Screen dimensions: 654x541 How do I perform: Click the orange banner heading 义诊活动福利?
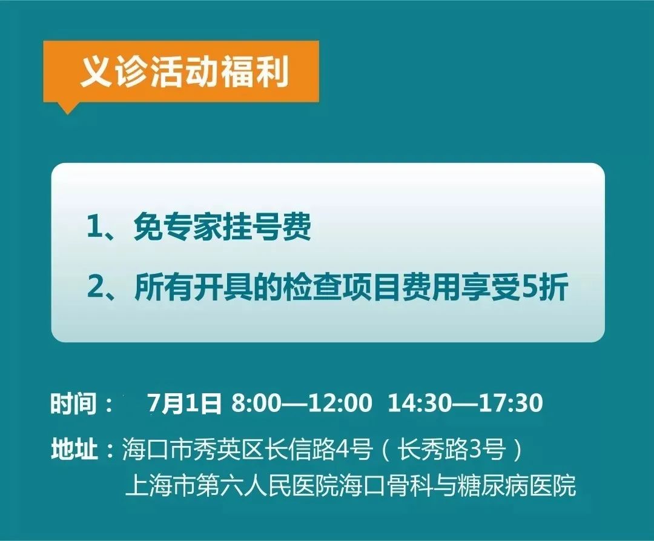(184, 71)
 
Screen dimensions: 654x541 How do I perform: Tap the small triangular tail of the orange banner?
(67, 107)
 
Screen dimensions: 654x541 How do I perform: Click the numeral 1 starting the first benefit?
(93, 228)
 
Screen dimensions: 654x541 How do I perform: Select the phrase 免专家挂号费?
(222, 228)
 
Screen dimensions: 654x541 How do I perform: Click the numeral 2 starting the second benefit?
(95, 287)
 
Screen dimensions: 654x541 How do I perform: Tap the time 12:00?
(340, 403)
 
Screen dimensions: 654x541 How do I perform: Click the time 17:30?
(511, 403)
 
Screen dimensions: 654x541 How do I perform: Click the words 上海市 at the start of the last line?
(160, 485)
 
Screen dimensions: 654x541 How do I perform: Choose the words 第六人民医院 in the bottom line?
(268, 485)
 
